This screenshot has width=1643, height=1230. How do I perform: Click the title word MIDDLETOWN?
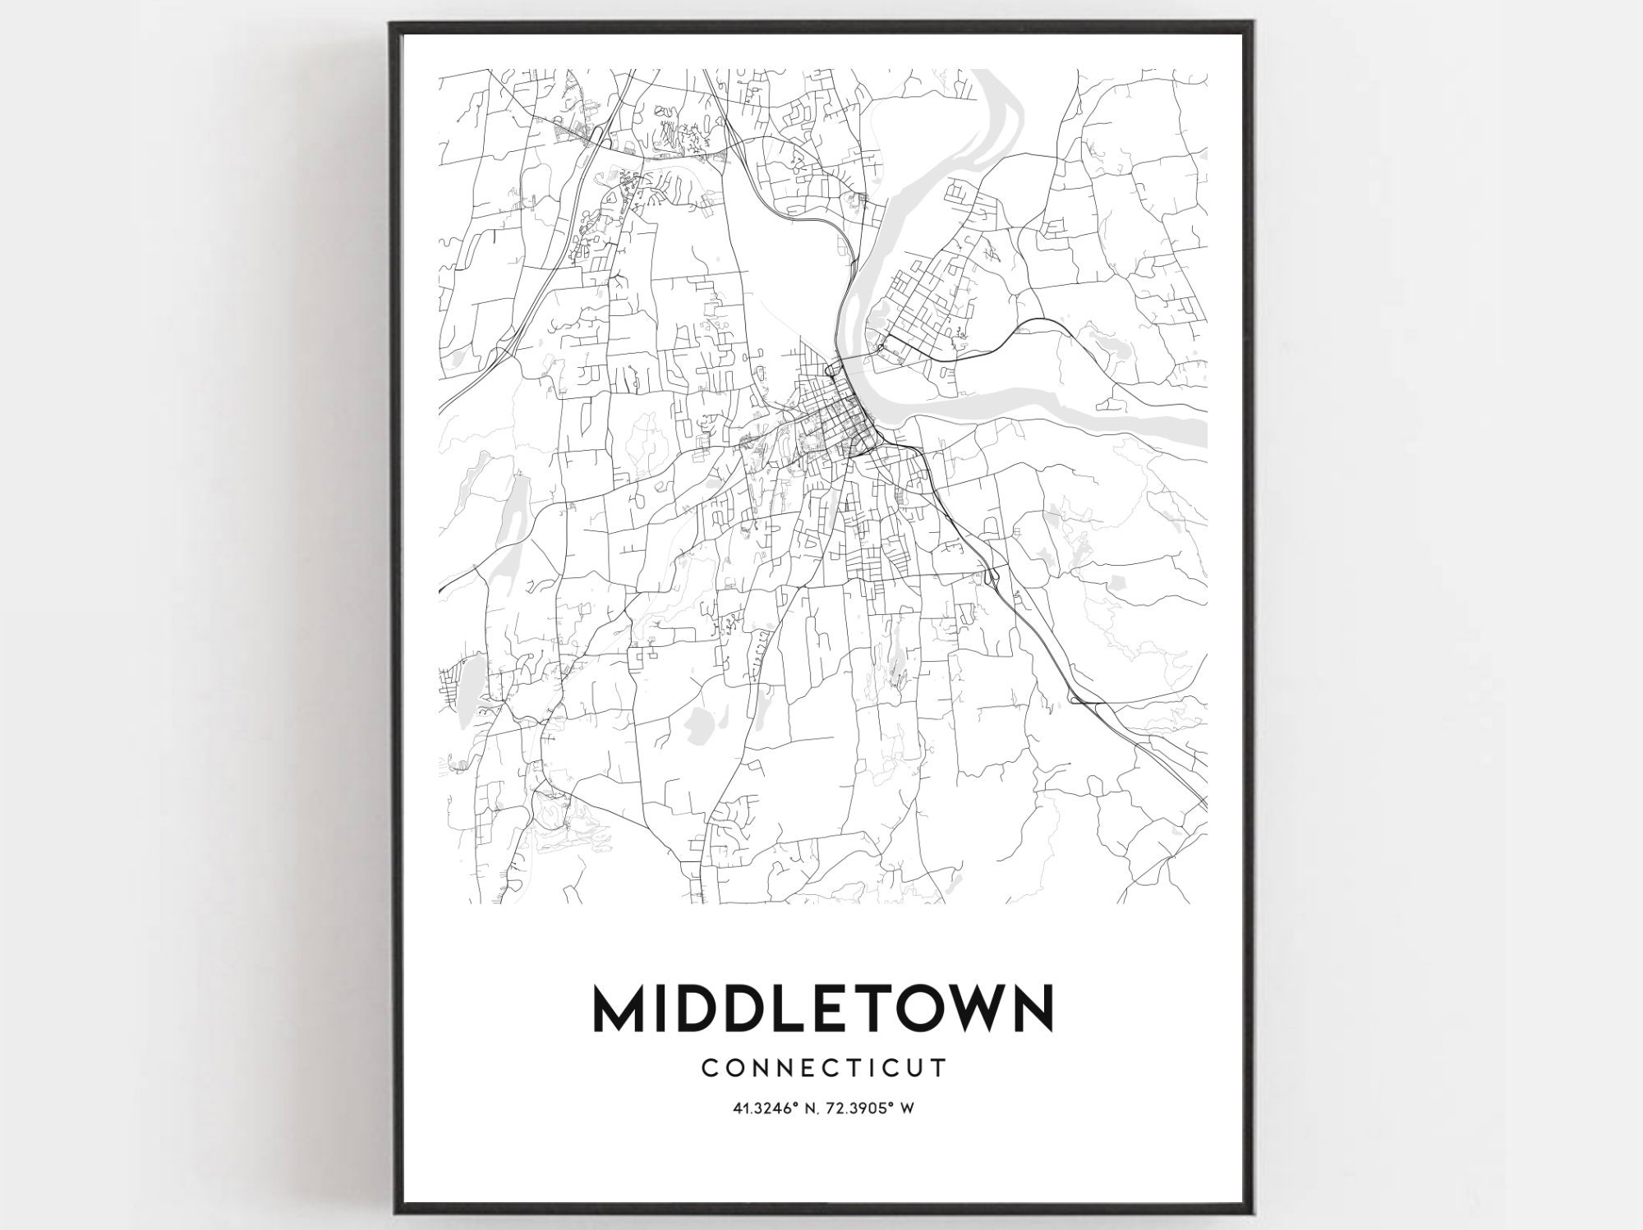pyautogui.click(x=821, y=1008)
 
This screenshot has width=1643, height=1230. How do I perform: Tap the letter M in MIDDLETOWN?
pyautogui.click(x=620, y=1008)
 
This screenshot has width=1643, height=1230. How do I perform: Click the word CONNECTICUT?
pyautogui.click(x=824, y=1067)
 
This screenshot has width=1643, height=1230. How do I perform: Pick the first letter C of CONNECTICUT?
pyautogui.click(x=709, y=1067)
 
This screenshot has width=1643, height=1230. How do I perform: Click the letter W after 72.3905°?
pyautogui.click(x=908, y=1108)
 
